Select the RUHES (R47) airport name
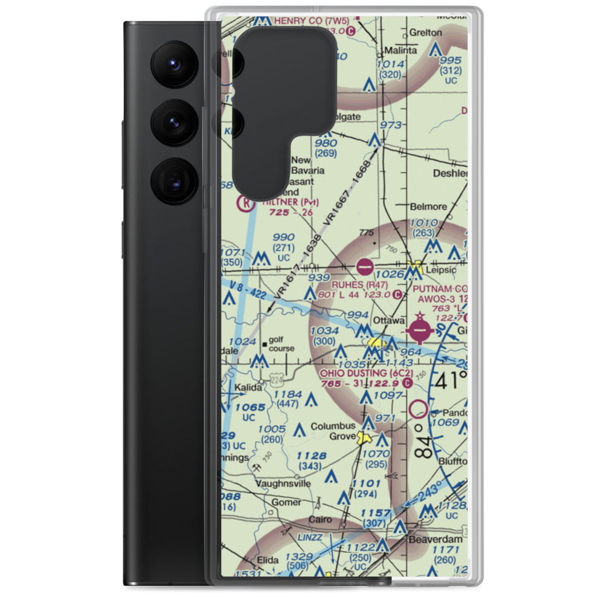[359, 284]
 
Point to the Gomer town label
[286, 502]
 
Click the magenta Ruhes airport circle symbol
[365, 265]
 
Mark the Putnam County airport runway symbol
[422, 330]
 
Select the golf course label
[282, 344]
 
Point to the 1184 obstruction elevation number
[288, 395]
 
